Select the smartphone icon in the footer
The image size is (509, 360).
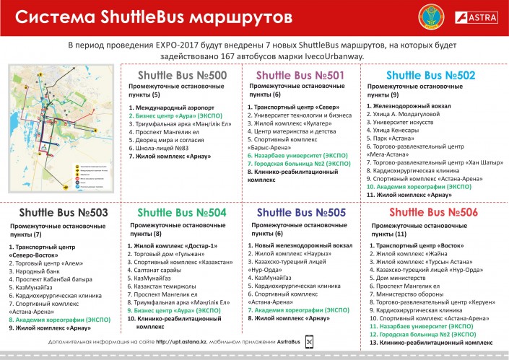point(310,342)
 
